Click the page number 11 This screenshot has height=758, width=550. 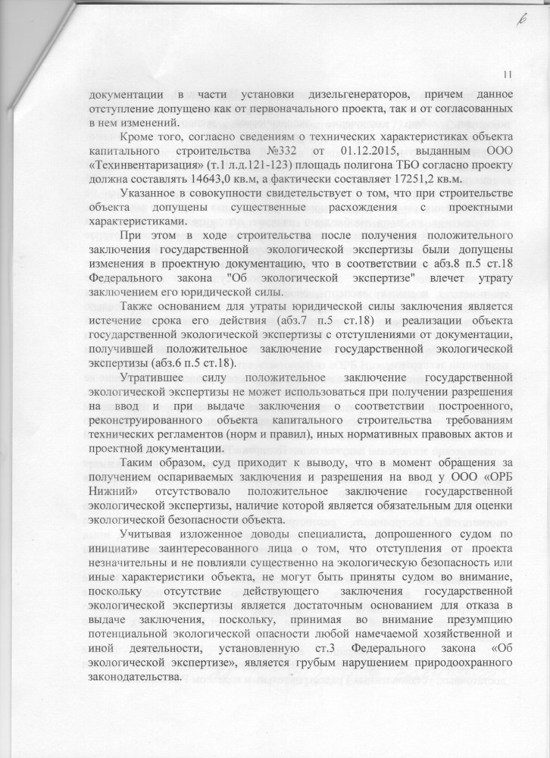coord(507,74)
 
